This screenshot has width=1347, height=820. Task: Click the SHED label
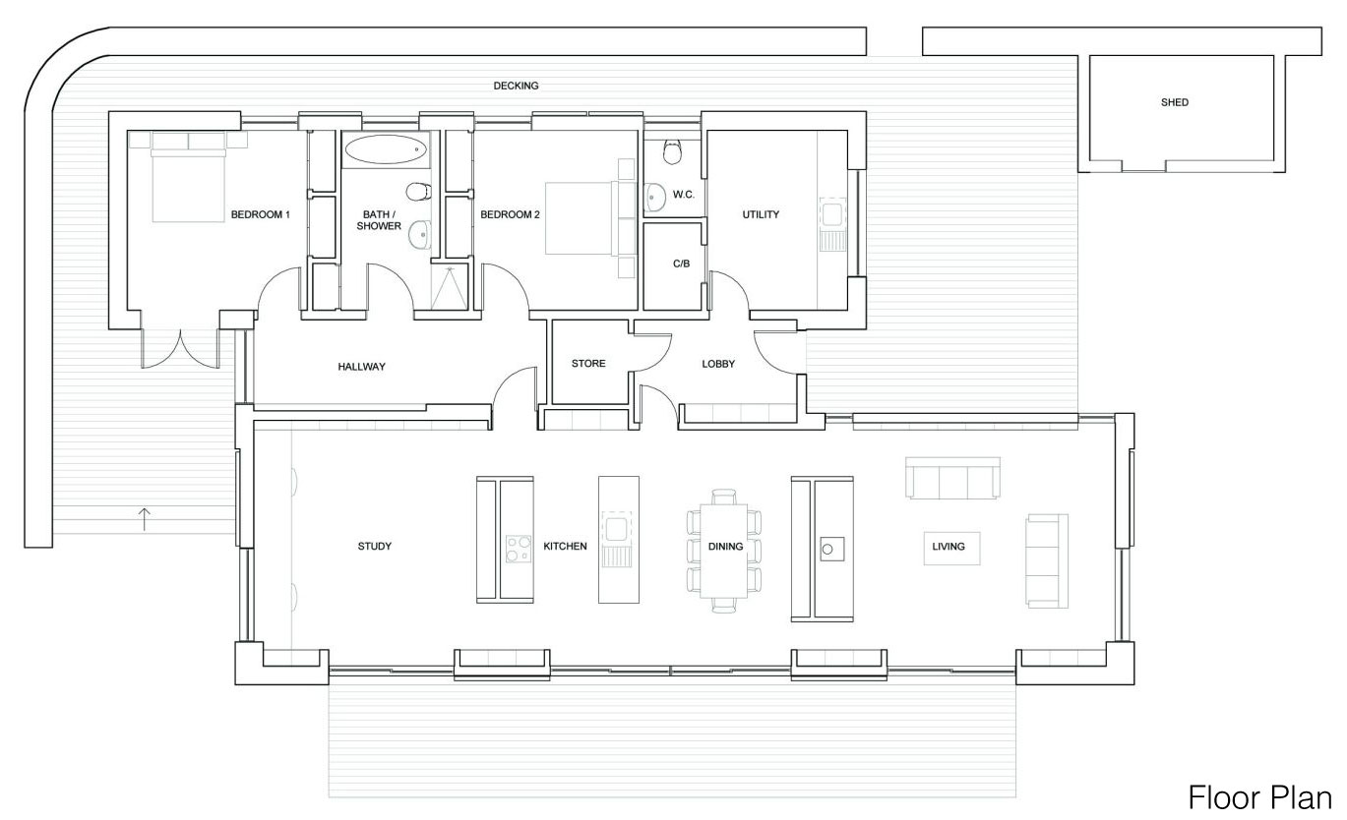tap(1174, 102)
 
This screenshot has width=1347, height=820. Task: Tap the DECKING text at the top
tap(516, 86)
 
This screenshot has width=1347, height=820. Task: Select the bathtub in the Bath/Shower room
tap(386, 150)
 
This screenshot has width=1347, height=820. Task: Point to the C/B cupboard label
tap(680, 264)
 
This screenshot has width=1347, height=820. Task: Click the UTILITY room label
tap(761, 214)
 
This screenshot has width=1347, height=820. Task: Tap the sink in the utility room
tap(832, 213)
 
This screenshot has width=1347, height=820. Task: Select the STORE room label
tap(588, 364)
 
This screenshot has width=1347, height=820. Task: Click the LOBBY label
tap(717, 364)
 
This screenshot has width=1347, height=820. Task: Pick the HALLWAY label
tap(361, 367)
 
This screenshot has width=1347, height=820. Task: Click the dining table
tap(724, 551)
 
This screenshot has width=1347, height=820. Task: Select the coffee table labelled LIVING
tap(949, 547)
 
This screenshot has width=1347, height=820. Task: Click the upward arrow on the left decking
tap(145, 518)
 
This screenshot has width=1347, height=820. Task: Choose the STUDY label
tap(374, 547)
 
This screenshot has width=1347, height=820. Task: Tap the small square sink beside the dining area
tap(828, 547)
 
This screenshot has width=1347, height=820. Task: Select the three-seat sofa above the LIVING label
tap(952, 479)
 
